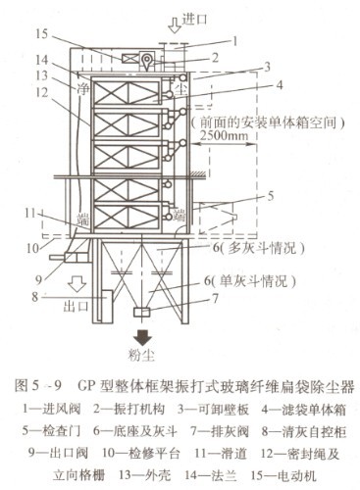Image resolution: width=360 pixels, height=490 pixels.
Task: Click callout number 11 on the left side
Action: [32, 214]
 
